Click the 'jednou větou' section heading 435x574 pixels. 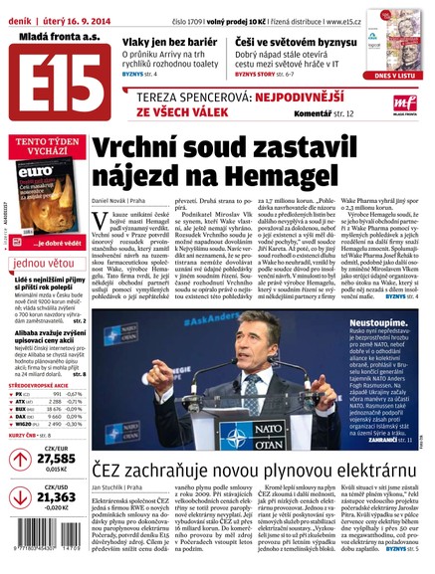click(x=43, y=264)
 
